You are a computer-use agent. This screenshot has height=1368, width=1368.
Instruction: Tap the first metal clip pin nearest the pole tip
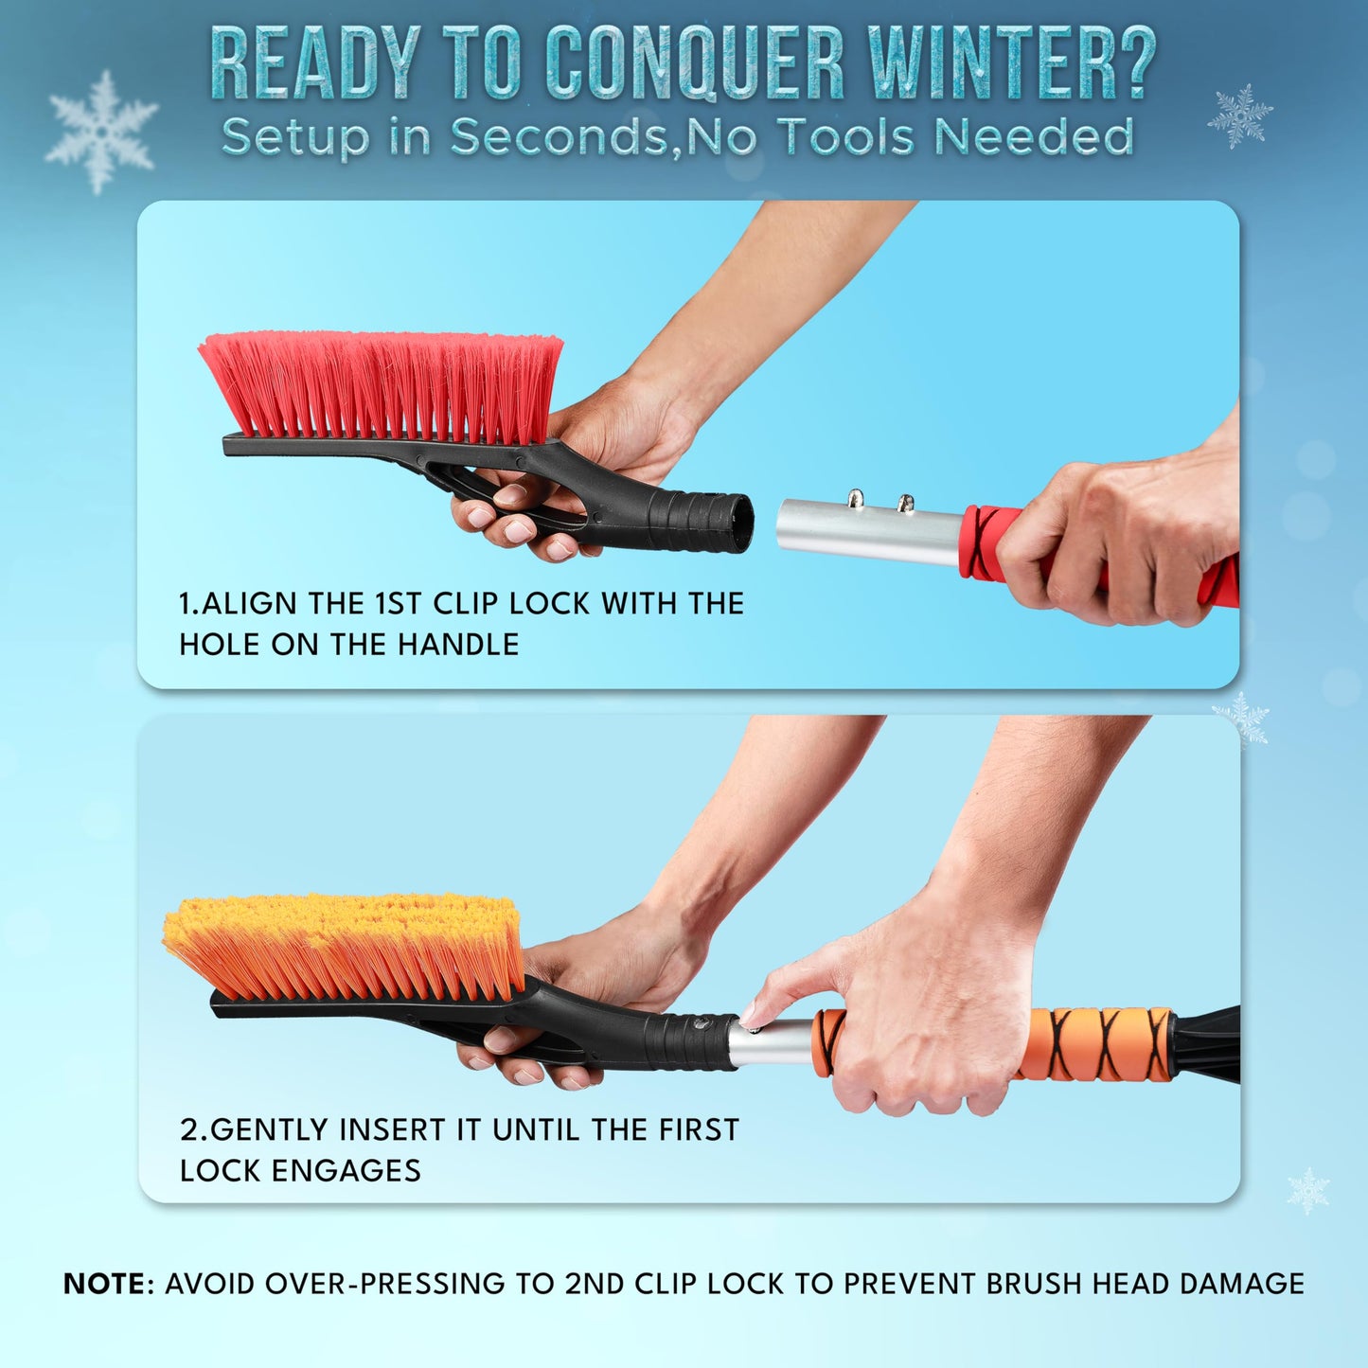point(855,498)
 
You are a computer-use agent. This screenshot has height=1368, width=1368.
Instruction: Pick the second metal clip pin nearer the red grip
point(905,503)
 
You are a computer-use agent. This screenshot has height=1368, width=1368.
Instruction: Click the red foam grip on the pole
point(985,544)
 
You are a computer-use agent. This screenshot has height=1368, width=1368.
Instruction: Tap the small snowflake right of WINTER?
point(1239,115)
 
